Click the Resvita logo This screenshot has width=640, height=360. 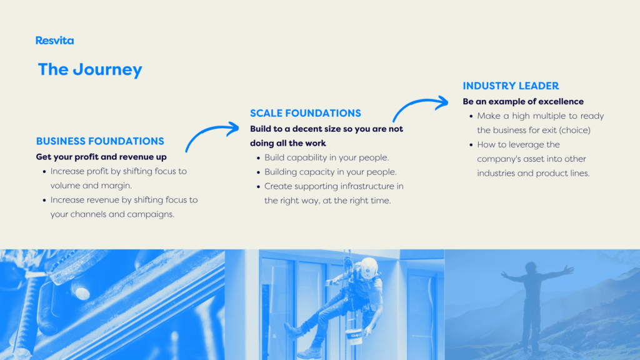pyautogui.click(x=55, y=41)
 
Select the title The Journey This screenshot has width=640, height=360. pyautogui.click(x=90, y=69)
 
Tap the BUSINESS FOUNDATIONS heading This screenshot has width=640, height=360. pyautogui.click(x=100, y=141)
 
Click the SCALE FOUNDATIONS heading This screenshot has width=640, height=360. pyautogui.click(x=306, y=113)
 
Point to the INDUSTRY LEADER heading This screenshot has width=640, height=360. pyautogui.click(x=511, y=86)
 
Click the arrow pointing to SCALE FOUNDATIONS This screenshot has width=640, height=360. pyautogui.click(x=209, y=131)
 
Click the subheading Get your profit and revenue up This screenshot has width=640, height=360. pyautogui.click(x=101, y=157)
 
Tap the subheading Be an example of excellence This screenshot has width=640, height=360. pyautogui.click(x=523, y=101)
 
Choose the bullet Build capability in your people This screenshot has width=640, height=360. pyautogui.click(x=326, y=157)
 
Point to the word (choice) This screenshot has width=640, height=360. pyautogui.click(x=575, y=130)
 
